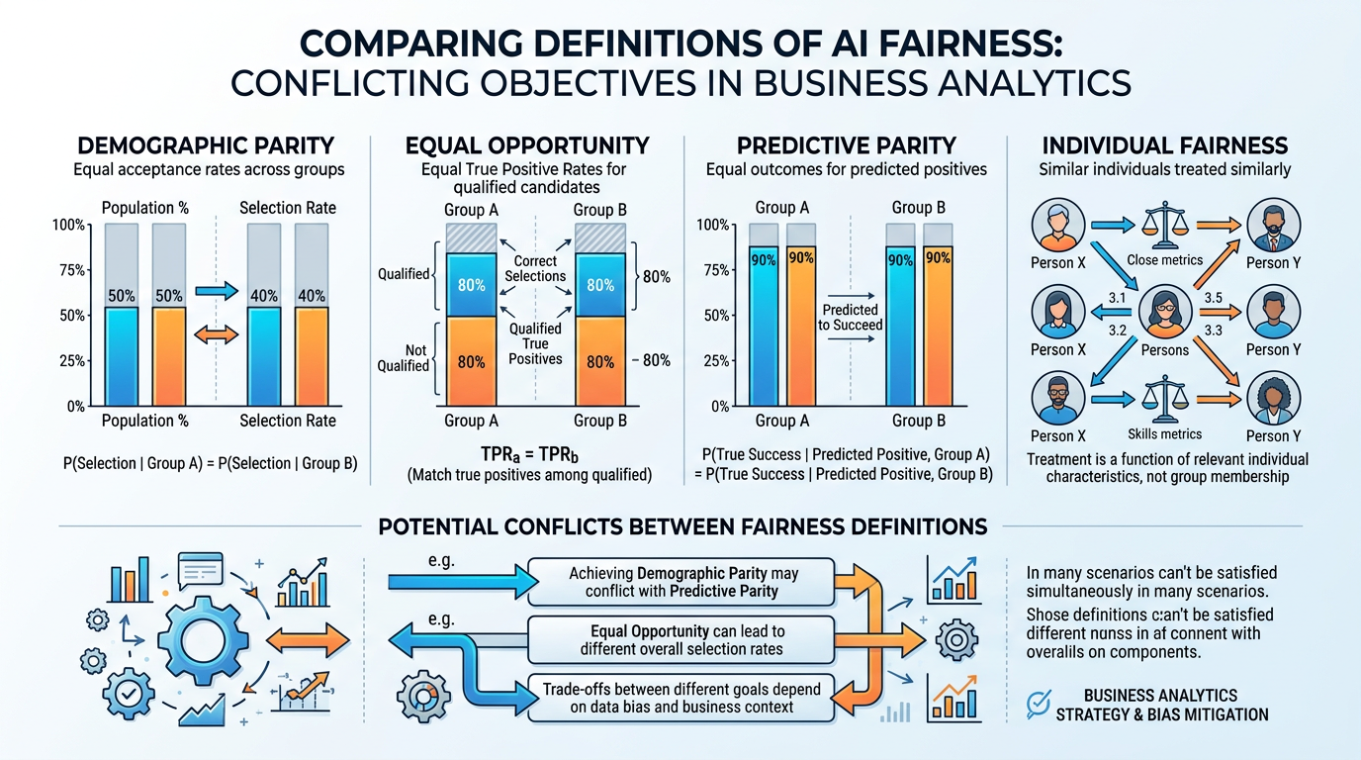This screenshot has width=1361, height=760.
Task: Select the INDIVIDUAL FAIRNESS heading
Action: coord(1164,145)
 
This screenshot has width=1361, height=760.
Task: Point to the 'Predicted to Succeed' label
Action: coord(850,317)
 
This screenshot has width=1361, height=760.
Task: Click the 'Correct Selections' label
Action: coord(534,268)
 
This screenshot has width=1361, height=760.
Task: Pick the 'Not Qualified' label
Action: coord(404,357)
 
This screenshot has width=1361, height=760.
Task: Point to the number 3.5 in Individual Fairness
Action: coord(1214,297)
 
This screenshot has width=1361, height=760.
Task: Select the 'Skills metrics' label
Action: coord(1164,434)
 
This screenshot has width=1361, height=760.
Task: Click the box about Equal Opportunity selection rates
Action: coord(680,640)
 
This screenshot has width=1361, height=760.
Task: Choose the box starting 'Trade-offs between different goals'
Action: coord(680,697)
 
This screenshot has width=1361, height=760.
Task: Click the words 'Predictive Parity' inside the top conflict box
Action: coord(724,592)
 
